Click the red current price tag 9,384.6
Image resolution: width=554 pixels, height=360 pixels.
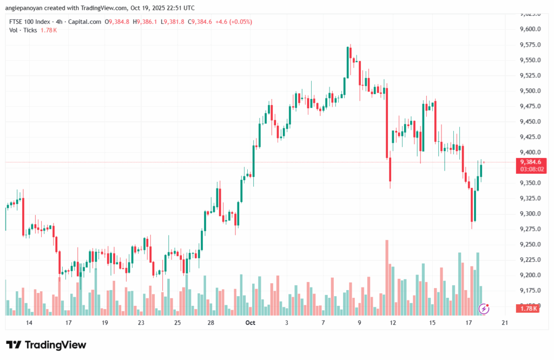point(531,161)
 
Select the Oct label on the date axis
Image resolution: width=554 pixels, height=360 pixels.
point(250,323)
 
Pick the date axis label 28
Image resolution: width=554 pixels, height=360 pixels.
point(211,323)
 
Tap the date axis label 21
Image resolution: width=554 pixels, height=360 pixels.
point(505,323)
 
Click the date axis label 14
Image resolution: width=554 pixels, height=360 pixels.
point(29,323)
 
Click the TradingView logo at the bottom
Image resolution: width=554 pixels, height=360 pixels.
point(46,345)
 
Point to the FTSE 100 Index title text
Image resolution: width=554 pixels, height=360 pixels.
point(30,22)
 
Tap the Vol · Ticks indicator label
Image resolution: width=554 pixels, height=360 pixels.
point(23,30)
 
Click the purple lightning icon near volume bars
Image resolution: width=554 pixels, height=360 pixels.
point(485,309)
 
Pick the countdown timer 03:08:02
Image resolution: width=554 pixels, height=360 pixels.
point(531,169)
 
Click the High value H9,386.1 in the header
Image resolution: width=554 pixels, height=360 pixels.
point(147,22)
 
